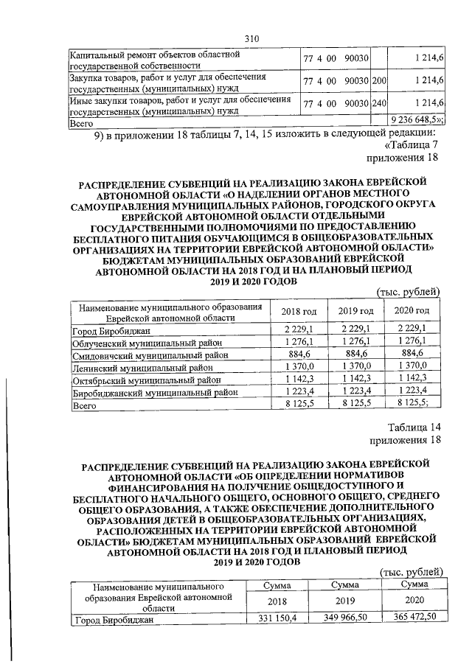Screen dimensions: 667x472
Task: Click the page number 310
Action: click(251, 39)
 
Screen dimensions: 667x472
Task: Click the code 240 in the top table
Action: click(380, 102)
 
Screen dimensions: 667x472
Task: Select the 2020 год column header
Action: click(412, 311)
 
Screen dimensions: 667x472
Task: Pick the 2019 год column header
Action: click(352, 311)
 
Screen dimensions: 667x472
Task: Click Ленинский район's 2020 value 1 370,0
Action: click(412, 367)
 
